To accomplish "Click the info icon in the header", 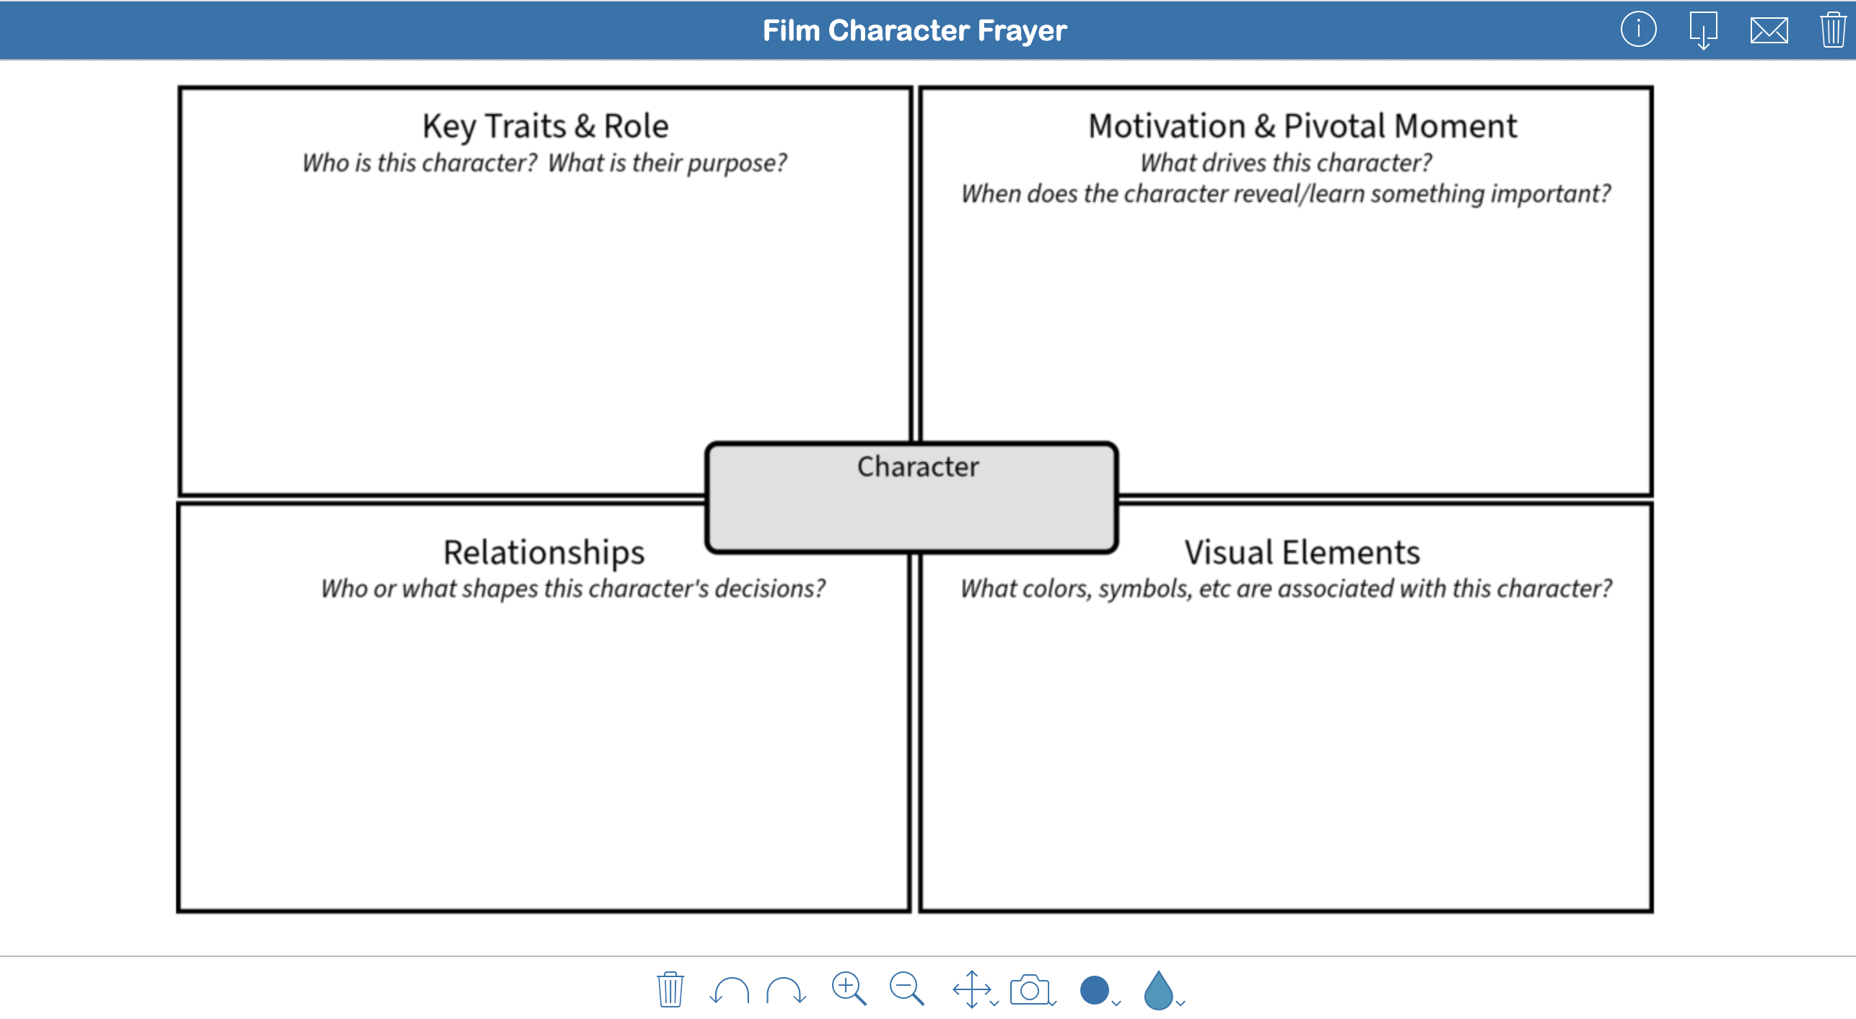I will click(1638, 30).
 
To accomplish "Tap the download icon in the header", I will click(1703, 30).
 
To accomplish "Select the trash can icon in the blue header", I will click(1833, 30).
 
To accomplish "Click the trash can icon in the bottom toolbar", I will click(670, 989).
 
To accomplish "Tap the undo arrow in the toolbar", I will click(729, 990).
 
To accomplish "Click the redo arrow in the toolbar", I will click(786, 990).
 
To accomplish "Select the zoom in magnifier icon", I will click(849, 989).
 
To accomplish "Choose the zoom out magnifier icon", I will click(906, 989).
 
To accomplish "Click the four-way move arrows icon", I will click(971, 989).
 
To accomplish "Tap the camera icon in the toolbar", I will click(1030, 990).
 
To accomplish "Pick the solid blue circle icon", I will click(1095, 990).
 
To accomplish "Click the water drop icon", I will click(1159, 990).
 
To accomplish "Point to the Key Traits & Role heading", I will click(546, 126).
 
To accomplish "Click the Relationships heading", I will click(543, 553).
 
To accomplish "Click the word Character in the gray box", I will click(918, 467).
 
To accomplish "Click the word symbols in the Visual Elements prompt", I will click(1144, 589).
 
